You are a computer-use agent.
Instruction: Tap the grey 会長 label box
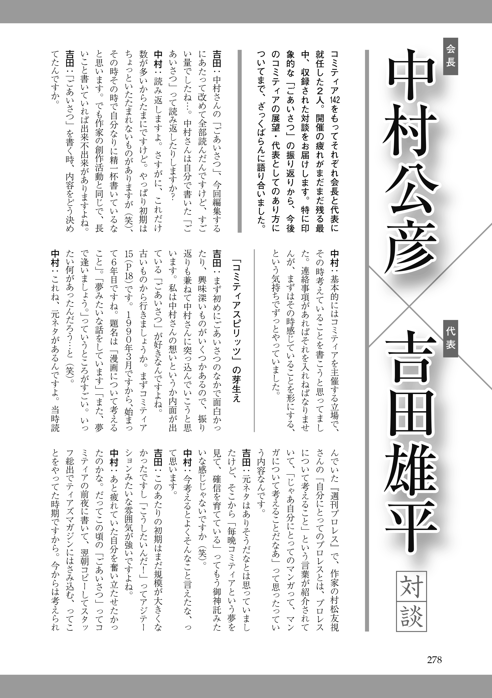click(450, 56)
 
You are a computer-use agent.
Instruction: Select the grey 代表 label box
click(450, 338)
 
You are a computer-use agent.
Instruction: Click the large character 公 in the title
click(410, 185)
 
